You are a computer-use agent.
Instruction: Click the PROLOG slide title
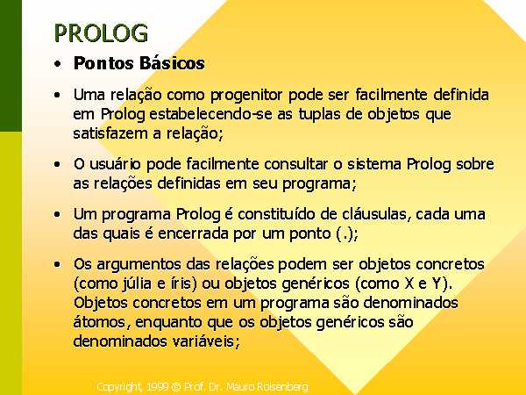pos(101,33)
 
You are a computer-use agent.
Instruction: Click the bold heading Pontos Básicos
pos(139,63)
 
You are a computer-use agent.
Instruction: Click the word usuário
pos(116,164)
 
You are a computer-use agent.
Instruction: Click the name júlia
pos(135,284)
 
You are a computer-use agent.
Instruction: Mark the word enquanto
pos(169,322)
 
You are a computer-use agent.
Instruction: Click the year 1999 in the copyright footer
pos(157,386)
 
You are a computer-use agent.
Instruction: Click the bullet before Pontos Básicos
pos(57,63)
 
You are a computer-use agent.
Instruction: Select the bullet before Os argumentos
pos(57,264)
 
